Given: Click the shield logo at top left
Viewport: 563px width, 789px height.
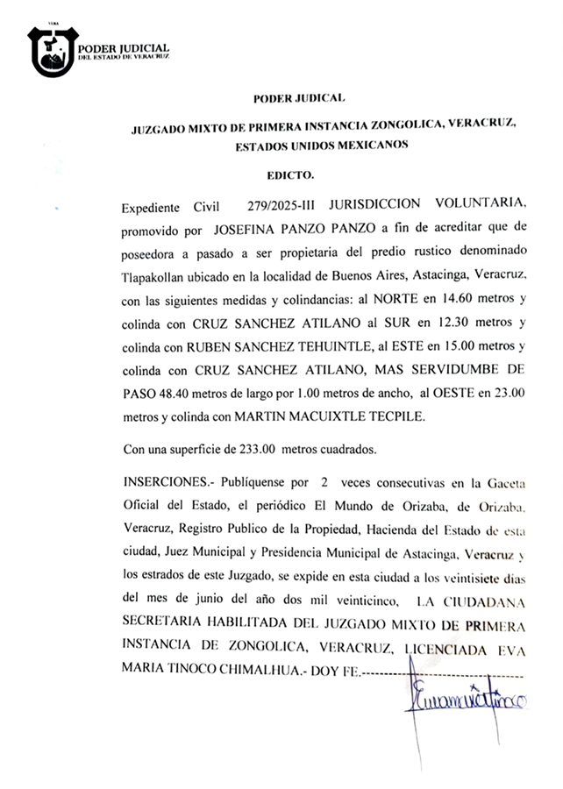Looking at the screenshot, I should pos(53,52).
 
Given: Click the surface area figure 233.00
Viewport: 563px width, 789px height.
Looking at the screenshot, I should pos(257,450).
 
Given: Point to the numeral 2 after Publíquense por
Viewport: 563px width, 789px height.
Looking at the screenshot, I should pos(324,483).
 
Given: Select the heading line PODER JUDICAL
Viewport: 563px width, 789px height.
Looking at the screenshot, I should pos(298,99).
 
